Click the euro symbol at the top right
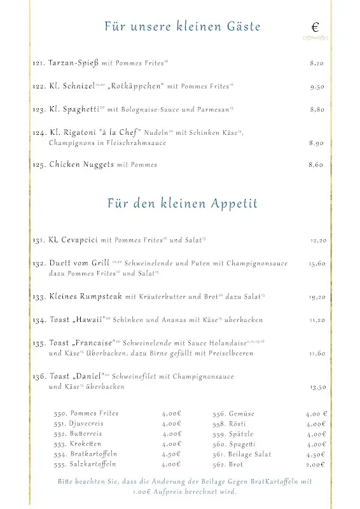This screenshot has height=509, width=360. click(315, 27)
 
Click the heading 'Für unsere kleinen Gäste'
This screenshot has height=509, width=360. click(183, 27)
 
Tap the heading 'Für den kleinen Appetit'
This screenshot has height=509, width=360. click(183, 204)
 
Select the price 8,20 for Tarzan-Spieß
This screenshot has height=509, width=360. click(317, 64)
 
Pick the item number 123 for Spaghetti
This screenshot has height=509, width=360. click(39, 109)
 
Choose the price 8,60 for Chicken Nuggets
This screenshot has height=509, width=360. click(316, 165)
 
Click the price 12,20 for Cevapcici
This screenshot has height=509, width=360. click(318, 241)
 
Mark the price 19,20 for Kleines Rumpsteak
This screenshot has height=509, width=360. click(317, 297)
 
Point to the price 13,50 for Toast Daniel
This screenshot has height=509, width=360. click(317, 387)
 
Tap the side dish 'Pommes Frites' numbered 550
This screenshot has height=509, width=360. click(94, 414)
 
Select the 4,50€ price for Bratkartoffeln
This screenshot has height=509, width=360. click(171, 454)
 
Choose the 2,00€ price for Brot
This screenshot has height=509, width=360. click(315, 464)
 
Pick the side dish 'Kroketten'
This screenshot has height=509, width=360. click(85, 444)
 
